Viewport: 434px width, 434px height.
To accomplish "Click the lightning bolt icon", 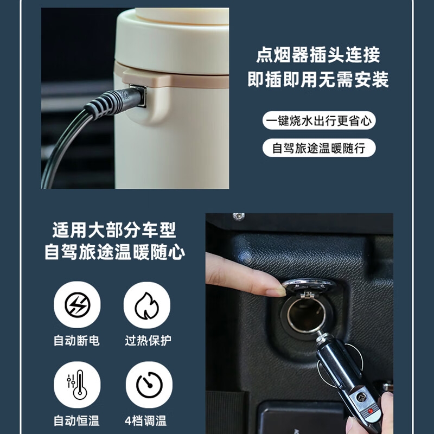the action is pyautogui.click(x=77, y=305).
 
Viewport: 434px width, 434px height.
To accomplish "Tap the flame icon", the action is pyautogui.click(x=146, y=305).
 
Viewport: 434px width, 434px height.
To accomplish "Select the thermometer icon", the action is pyautogui.click(x=77, y=385).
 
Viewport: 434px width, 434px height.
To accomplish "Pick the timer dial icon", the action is pyautogui.click(x=149, y=385).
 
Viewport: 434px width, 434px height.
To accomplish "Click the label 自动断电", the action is pyautogui.click(x=76, y=341).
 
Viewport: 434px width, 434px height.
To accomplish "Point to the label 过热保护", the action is pyautogui.click(x=148, y=341).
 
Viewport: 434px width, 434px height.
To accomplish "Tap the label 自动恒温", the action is pyautogui.click(x=76, y=421).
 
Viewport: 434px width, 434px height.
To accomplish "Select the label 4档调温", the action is pyautogui.click(x=145, y=421).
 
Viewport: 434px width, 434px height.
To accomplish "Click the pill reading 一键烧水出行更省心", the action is pyautogui.click(x=319, y=120).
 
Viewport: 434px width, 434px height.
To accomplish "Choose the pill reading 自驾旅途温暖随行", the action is pyautogui.click(x=319, y=148).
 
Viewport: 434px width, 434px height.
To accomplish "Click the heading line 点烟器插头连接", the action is pyautogui.click(x=318, y=55).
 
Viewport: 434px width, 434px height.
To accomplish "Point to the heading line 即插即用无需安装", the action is pyautogui.click(x=318, y=80).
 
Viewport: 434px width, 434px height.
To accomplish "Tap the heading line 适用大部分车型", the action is pyautogui.click(x=114, y=229).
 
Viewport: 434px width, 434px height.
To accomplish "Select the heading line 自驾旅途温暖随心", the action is pyautogui.click(x=114, y=252).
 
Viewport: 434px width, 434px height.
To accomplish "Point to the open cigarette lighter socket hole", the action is pyautogui.click(x=306, y=314).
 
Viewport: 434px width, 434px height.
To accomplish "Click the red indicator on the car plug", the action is pyautogui.click(x=371, y=411).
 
